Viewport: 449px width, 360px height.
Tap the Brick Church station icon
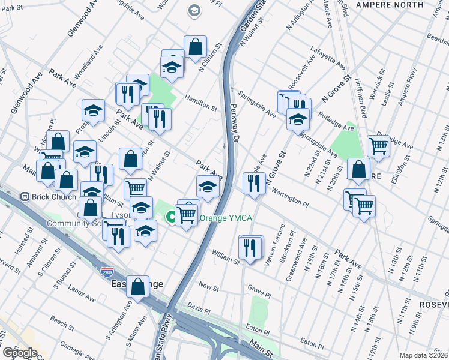pos(25,196)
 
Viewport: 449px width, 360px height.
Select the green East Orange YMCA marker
pos(171,217)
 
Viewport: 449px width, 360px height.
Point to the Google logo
pos(19,353)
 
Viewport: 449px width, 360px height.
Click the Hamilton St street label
pos(200,102)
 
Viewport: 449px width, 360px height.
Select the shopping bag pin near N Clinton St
pos(196,47)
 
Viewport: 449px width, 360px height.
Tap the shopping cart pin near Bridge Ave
pos(378,144)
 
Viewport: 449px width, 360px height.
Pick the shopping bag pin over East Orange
pos(138,286)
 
